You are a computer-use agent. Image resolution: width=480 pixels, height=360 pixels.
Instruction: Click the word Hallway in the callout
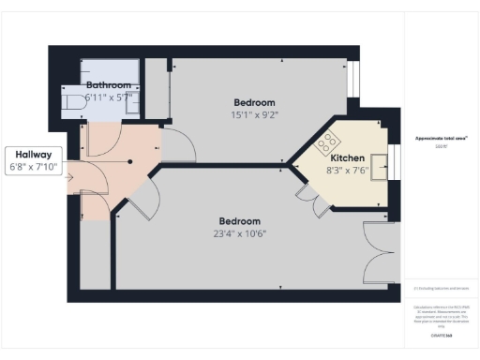click(x=34, y=156)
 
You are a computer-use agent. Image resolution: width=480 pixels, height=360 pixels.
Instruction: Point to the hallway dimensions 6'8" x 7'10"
click(x=34, y=169)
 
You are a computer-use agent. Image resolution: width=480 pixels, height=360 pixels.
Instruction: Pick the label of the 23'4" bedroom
click(x=241, y=220)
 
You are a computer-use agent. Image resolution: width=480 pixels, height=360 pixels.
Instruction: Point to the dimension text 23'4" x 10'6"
click(x=241, y=234)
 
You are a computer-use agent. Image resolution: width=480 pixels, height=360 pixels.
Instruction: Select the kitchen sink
click(x=380, y=168)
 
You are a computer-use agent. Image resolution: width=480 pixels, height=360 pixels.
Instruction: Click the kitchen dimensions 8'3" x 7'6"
click(x=345, y=172)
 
